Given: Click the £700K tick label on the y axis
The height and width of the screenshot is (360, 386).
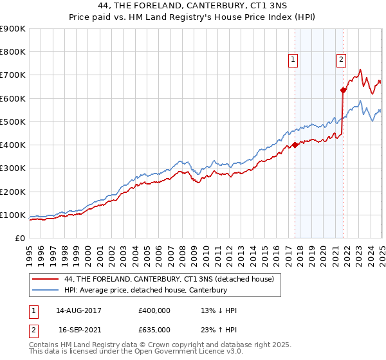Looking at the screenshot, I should pyautogui.click(x=13, y=75).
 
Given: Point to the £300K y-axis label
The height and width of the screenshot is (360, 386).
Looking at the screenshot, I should pyautogui.click(x=13, y=168).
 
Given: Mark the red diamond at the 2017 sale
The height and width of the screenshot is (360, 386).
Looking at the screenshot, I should pyautogui.click(x=295, y=145).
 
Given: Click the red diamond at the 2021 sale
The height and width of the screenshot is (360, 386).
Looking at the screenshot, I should pyautogui.click(x=343, y=90).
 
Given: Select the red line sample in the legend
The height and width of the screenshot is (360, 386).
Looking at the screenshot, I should pyautogui.click(x=46, y=279).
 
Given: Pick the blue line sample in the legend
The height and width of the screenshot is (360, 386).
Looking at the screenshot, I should pyautogui.click(x=46, y=290).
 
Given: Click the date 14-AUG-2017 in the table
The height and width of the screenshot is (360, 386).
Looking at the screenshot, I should pyautogui.click(x=79, y=310).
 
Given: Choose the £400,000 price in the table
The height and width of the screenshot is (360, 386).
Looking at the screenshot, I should pyautogui.click(x=154, y=310).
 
